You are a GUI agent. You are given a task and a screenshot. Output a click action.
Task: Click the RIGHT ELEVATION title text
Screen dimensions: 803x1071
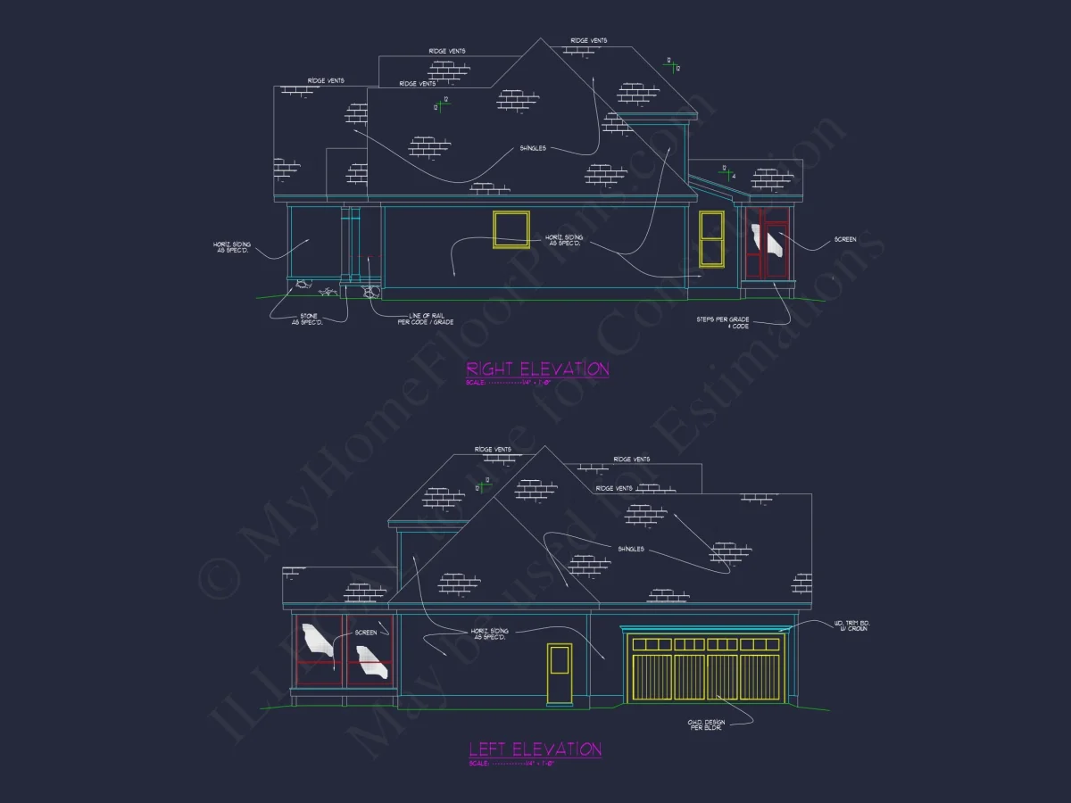tap(537, 368)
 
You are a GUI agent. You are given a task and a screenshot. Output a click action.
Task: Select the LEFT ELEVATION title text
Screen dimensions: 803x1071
tap(535, 749)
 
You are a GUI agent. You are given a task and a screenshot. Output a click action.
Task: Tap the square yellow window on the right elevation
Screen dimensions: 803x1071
tap(511, 229)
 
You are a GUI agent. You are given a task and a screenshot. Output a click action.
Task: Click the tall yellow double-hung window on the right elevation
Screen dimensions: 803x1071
tap(711, 238)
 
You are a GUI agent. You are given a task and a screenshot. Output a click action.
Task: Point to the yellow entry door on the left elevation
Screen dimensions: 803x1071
tap(560, 674)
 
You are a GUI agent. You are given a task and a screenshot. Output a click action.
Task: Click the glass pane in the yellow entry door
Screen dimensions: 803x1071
tap(560, 660)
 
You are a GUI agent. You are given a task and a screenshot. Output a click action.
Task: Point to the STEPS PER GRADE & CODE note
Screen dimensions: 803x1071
tap(724, 322)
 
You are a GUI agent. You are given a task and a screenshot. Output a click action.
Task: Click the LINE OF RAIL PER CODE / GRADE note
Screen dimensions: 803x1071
tap(426, 319)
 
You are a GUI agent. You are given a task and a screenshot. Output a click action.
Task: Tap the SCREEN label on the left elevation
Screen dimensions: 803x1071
tap(366, 633)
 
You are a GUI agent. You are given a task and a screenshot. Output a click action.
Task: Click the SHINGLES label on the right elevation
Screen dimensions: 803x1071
tap(532, 148)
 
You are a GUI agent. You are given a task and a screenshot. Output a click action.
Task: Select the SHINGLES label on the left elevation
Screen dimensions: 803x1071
tap(630, 549)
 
